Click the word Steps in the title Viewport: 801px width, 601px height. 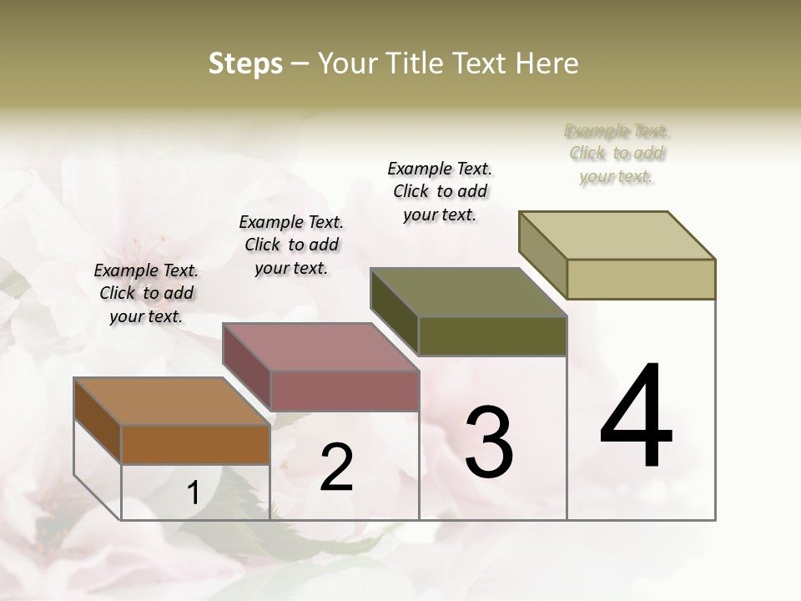[x=245, y=63]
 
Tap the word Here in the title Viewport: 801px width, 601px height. [x=546, y=63]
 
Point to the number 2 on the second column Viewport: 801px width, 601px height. [x=336, y=467]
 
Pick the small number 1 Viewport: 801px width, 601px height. [x=193, y=493]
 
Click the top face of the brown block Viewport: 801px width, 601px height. [x=171, y=402]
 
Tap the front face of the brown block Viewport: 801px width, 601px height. [x=195, y=444]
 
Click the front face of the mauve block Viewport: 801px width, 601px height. [x=344, y=391]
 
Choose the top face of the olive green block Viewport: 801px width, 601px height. [x=467, y=292]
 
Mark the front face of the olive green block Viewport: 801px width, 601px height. [x=492, y=336]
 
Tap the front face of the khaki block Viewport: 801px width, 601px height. [x=641, y=279]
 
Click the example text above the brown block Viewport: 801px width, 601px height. [x=146, y=294]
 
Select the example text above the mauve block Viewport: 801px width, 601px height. [x=291, y=245]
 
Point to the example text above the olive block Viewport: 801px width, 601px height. [x=440, y=191]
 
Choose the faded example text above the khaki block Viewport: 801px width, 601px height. [x=617, y=154]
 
